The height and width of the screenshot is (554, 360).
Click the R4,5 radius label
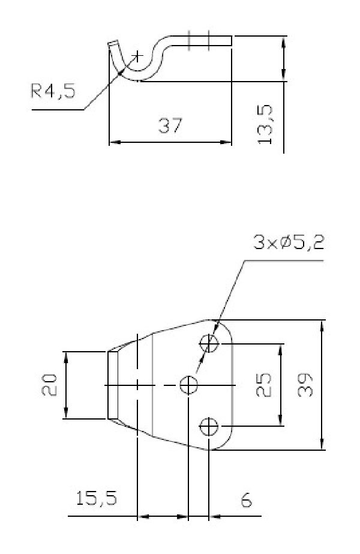[x=53, y=91]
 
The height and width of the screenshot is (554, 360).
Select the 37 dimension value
[x=170, y=125]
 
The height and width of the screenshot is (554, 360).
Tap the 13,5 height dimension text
[x=265, y=124]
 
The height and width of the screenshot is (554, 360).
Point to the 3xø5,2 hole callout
[x=289, y=242]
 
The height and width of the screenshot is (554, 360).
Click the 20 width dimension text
[x=49, y=385]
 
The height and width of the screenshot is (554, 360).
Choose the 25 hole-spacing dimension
[x=263, y=385]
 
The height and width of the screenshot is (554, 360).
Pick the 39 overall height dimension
[x=305, y=385]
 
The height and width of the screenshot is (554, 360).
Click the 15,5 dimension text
[x=96, y=498]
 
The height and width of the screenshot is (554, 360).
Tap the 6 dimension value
[x=246, y=501]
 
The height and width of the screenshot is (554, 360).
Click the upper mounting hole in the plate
[x=209, y=343]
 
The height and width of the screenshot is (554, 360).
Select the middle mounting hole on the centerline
[x=188, y=385]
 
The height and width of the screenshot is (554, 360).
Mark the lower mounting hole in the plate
[x=209, y=427]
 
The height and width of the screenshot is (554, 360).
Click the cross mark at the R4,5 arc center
[x=137, y=56]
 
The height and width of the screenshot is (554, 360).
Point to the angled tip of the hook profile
[x=113, y=44]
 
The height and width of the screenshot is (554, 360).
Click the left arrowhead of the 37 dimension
[x=115, y=142]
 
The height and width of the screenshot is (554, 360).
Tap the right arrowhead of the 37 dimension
[x=226, y=142]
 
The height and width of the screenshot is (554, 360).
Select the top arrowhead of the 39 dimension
[x=322, y=326]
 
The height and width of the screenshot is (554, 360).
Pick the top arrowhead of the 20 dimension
[x=66, y=357]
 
